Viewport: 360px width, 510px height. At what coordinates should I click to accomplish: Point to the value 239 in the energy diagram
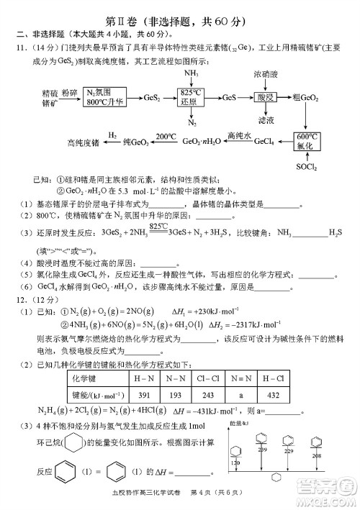tap(262, 449)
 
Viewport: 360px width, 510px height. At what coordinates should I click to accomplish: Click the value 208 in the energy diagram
tap(316, 456)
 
